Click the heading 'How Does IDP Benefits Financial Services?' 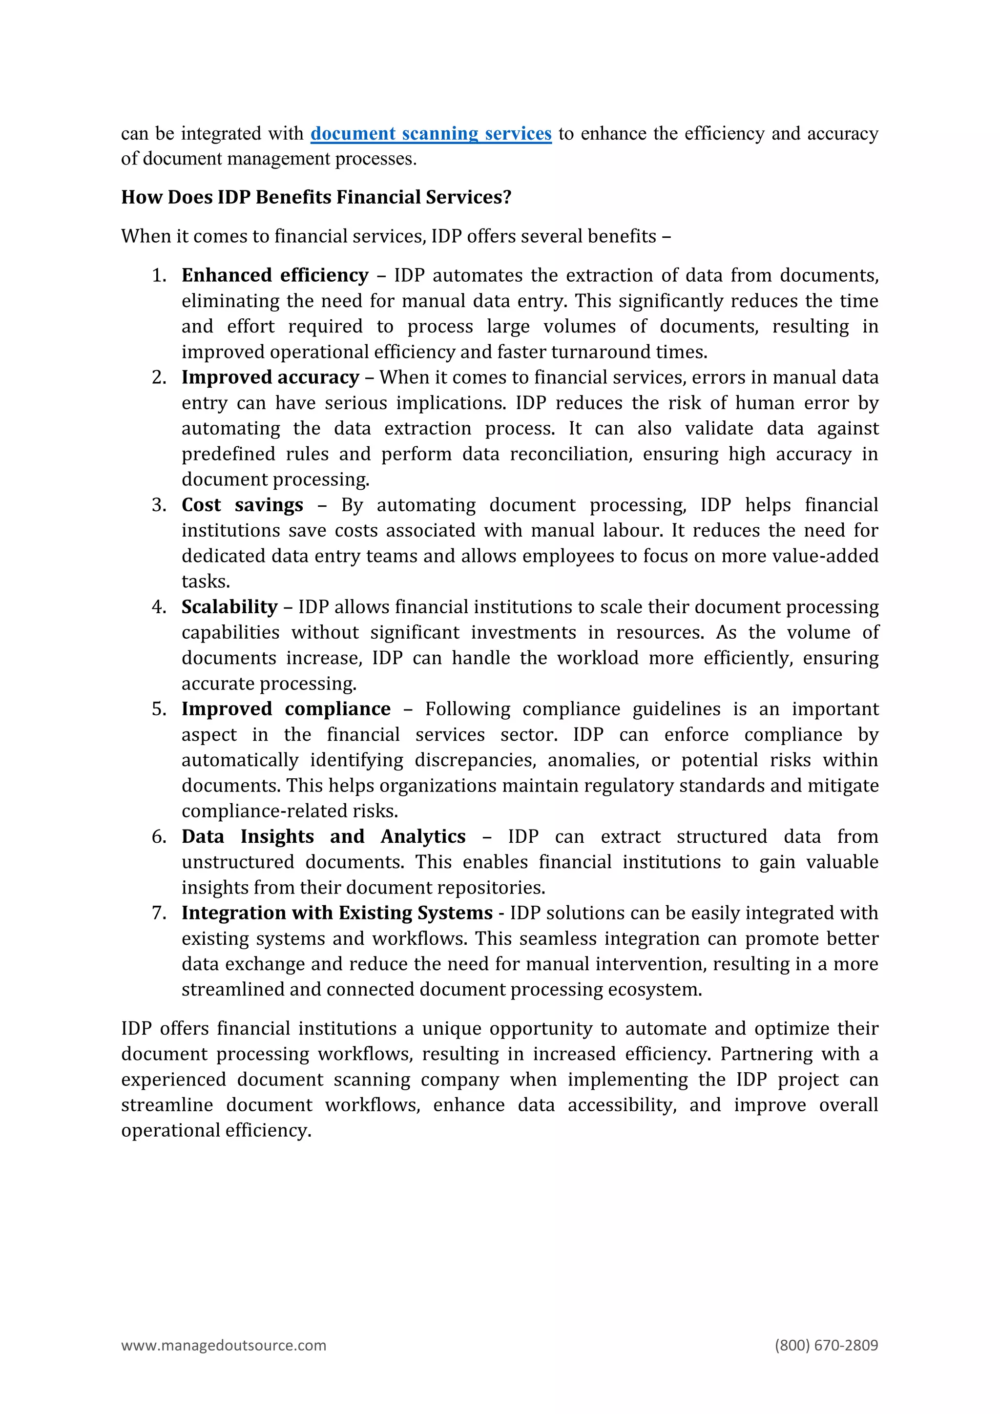click(x=316, y=197)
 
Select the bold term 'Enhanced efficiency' click(x=274, y=275)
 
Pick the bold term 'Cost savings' click(x=242, y=505)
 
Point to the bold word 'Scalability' click(x=229, y=607)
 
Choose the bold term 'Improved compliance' click(x=286, y=709)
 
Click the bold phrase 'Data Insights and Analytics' click(x=323, y=836)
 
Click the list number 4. click(x=159, y=607)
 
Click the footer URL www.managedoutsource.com click(x=224, y=1345)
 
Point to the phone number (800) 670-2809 click(x=826, y=1345)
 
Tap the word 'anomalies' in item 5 click(x=593, y=760)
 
